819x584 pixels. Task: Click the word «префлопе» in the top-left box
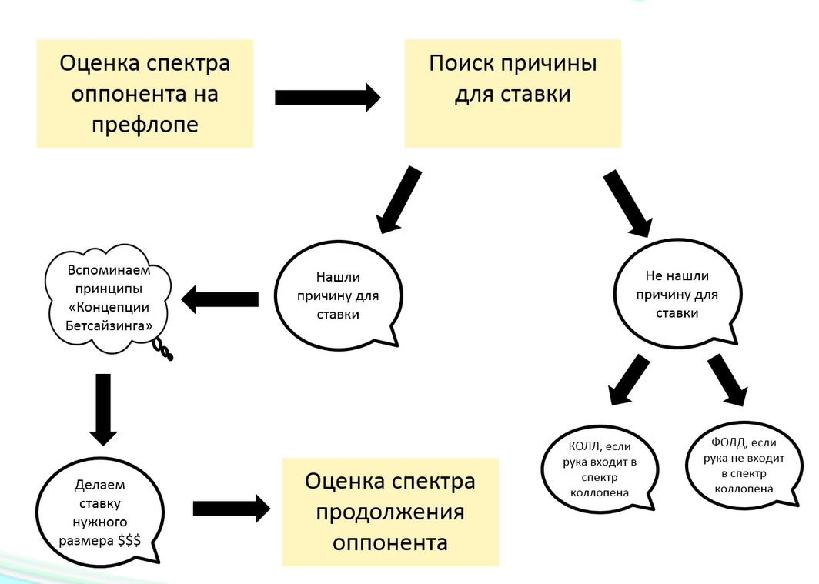coord(145,125)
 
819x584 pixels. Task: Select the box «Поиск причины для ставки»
coord(513,93)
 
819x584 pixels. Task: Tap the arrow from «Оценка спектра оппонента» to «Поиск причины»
coord(328,97)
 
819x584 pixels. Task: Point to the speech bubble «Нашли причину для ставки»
coord(339,295)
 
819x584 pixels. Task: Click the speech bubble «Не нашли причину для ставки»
coord(677,294)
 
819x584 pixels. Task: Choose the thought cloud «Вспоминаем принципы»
coord(109,299)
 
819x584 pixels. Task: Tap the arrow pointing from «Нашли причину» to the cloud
coord(220,299)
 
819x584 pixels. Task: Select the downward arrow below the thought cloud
coord(103,409)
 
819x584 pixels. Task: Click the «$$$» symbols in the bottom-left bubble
coord(129,540)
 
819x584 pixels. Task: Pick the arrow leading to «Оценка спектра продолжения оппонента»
coord(232,509)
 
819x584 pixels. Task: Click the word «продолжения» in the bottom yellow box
coord(390,512)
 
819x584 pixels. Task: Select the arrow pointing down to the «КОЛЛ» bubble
coord(628,380)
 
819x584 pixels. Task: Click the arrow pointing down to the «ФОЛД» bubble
coord(727,379)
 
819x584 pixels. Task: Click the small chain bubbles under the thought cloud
coord(163,349)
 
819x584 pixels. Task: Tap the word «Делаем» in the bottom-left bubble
coord(100,485)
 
